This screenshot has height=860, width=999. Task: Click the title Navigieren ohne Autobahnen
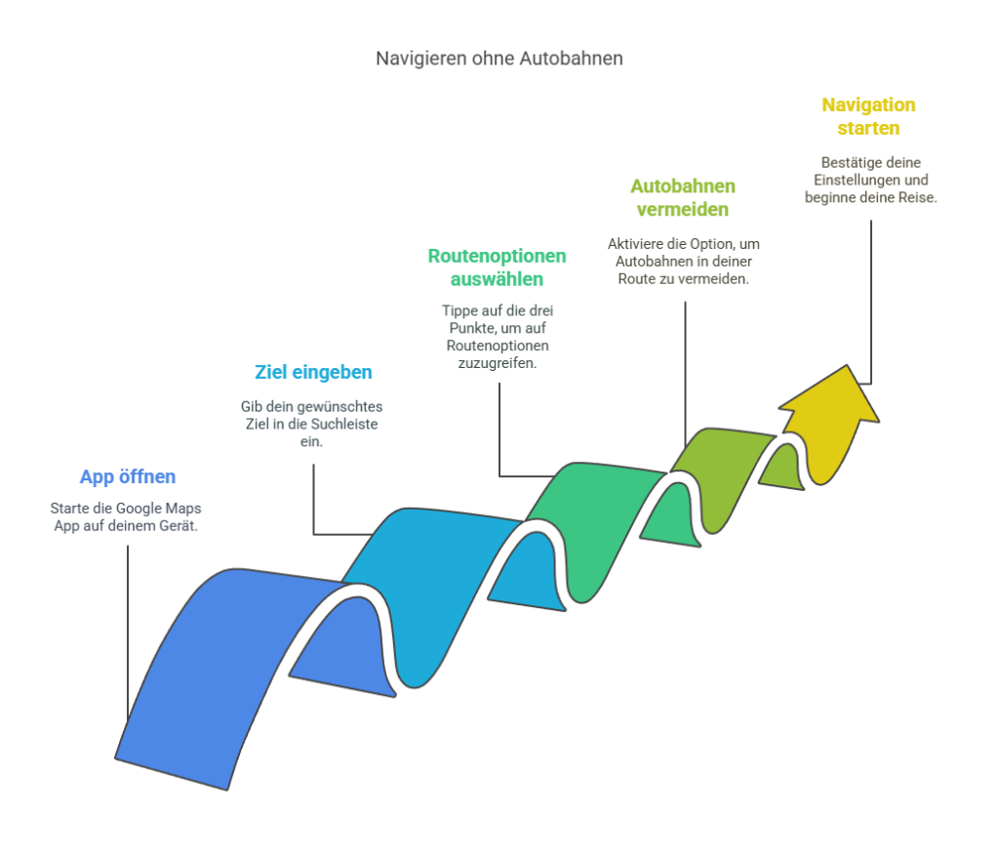499,59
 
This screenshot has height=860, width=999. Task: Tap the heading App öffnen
128,477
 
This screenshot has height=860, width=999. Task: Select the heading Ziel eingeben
313,372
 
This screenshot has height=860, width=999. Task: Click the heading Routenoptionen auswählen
497,267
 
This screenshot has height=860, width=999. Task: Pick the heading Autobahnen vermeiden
683,197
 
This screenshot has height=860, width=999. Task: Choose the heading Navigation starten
868,117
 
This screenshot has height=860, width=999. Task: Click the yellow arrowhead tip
847,366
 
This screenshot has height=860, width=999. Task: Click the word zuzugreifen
497,363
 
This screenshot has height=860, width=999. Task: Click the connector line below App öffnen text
128,634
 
